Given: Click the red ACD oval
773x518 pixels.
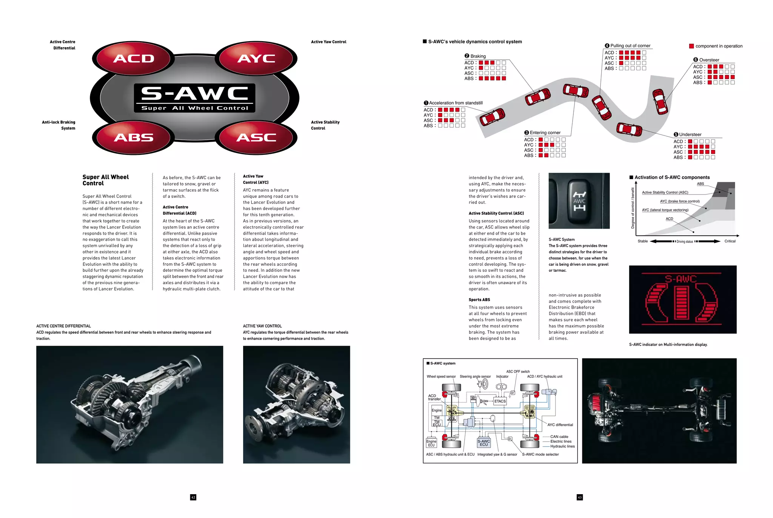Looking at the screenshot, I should coord(134,59).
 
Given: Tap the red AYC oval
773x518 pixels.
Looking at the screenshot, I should coord(256,59).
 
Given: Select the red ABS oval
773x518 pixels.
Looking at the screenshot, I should coord(134,138).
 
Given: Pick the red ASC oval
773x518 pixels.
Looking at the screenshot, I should coord(256,138).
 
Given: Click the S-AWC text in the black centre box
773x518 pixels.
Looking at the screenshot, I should coord(194,94).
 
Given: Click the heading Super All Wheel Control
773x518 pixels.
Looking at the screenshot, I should coord(105,180).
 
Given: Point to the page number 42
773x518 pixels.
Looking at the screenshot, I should coord(193,497).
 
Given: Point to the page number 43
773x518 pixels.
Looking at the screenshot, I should coord(580,497).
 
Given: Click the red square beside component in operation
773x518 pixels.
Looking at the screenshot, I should coord(691,46).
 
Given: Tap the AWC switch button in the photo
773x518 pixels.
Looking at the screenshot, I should coord(579,201).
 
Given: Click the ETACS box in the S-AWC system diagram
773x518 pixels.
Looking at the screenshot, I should coord(500,401).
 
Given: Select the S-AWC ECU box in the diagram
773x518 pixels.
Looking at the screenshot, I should coord(484,443).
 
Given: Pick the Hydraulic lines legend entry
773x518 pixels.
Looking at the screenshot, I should coord(562,446).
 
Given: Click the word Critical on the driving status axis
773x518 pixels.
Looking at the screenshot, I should coord(730,241).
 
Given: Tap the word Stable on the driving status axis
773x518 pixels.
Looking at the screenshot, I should coord(642,241).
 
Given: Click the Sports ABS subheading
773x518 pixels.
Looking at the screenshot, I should coord(479,300).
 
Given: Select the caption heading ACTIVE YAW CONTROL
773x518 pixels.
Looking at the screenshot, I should coord(262,326).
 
